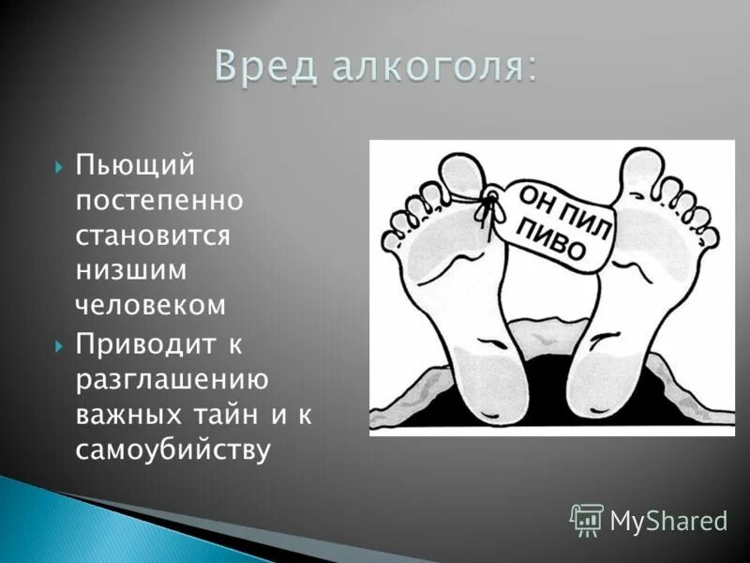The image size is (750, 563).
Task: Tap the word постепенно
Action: tap(159, 202)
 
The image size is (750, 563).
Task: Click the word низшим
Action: tap(131, 269)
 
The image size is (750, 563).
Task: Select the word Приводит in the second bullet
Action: tap(145, 345)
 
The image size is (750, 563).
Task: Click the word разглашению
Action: tap(172, 380)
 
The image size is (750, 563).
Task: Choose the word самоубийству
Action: tap(172, 449)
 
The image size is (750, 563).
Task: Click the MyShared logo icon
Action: tap(587, 519)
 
